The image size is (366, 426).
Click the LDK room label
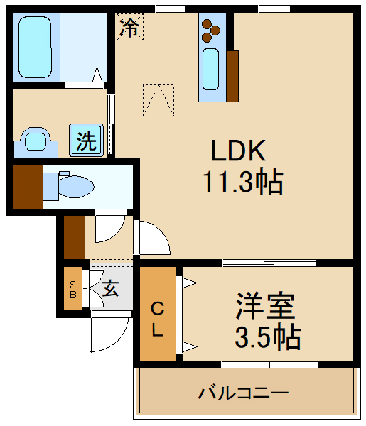(237, 151)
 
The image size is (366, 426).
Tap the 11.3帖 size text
(242, 183)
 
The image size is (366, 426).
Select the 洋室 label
(265, 307)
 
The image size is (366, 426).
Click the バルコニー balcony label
(243, 392)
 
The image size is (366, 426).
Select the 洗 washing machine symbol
(86, 140)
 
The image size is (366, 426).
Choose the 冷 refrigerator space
(129, 28)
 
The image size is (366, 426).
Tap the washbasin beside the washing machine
(35, 140)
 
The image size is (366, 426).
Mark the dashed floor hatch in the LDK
(158, 100)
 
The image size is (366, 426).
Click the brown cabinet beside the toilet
(27, 187)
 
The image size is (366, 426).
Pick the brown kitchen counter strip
(232, 75)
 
